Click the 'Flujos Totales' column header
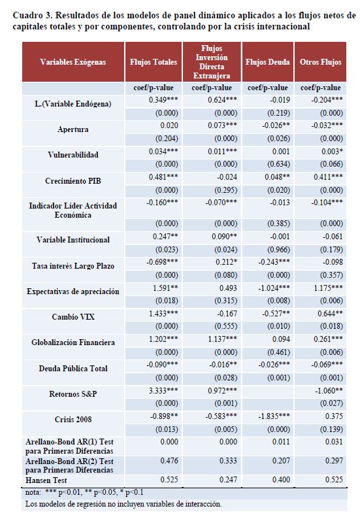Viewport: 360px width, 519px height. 153,62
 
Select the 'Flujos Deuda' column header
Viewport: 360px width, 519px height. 268,62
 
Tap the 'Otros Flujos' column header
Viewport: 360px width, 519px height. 320,62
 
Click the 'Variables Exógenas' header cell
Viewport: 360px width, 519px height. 73,62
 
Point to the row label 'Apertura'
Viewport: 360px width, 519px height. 73,129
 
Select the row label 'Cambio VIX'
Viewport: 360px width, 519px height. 73,317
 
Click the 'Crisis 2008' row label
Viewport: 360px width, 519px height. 73,420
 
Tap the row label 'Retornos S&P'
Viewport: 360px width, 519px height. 73,394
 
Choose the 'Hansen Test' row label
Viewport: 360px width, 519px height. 46,480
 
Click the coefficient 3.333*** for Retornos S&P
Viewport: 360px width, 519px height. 163,391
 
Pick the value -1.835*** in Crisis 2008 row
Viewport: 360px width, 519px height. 274,416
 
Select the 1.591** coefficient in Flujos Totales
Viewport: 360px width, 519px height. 165,288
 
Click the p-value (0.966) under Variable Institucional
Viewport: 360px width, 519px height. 278,250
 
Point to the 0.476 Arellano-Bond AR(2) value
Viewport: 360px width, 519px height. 169,460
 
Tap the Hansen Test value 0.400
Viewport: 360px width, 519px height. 281,480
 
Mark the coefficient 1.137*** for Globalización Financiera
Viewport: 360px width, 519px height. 222,339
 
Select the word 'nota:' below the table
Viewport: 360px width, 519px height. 33,492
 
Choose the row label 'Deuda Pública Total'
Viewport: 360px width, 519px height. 73,369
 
